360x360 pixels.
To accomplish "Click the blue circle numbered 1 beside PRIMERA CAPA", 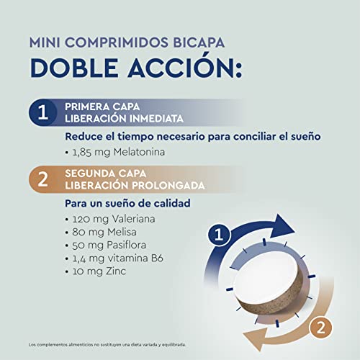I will [42, 112].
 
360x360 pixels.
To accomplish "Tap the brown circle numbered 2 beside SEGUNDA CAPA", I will [42, 179].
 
